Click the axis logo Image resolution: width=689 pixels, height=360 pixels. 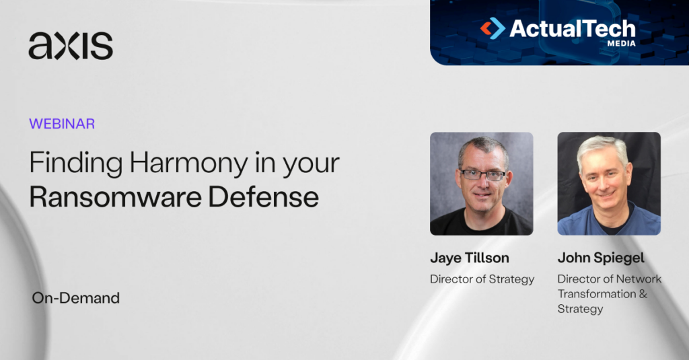coord(71,46)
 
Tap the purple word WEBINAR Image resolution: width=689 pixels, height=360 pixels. coord(62,124)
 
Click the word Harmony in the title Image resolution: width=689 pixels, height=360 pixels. coord(188,164)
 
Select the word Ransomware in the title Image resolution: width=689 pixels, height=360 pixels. coord(115,197)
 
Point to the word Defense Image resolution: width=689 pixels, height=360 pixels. coord(263,197)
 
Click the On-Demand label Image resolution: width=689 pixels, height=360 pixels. coord(75,298)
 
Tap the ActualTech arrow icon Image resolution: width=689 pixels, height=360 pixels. coord(493,28)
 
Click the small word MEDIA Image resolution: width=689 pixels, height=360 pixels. coord(621,44)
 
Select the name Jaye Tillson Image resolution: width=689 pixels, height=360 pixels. coord(469,258)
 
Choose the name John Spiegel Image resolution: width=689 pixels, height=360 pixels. coord(601,258)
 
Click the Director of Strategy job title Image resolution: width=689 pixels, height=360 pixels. coord(482,279)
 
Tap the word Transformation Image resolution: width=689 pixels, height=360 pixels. coord(597,293)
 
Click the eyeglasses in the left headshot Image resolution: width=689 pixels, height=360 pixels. coord(482,175)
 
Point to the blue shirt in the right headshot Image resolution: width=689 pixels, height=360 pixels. coord(609,223)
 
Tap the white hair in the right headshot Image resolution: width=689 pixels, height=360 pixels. coord(603,148)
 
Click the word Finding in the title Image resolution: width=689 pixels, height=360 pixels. coord(76,163)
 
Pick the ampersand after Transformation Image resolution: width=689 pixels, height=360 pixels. coord(643,293)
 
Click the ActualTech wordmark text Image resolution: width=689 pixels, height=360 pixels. coord(573,28)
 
